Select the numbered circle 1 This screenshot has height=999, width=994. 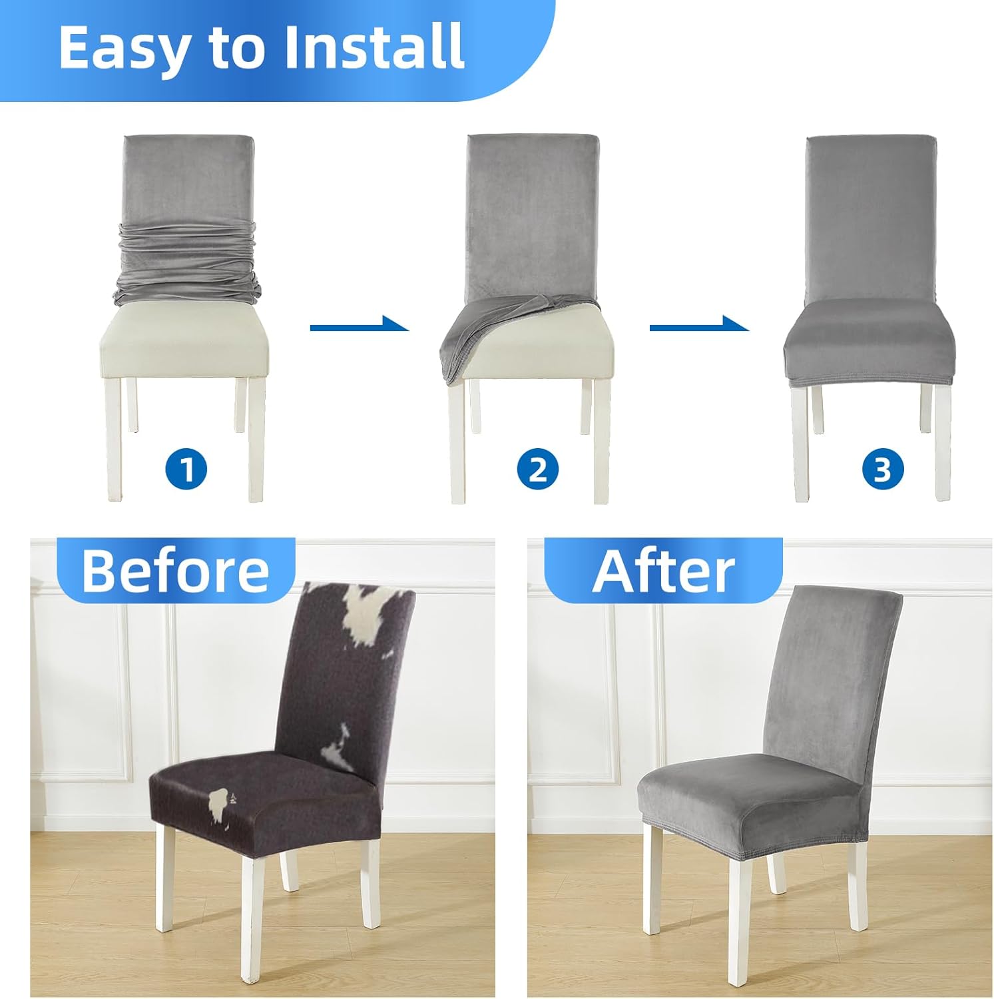(186, 469)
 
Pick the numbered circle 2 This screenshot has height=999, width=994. (537, 469)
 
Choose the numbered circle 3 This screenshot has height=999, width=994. (883, 469)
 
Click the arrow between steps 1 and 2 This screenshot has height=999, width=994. (360, 325)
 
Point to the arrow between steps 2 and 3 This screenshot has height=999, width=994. (699, 325)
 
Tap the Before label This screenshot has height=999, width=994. (175, 571)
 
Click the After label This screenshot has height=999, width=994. (663, 571)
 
